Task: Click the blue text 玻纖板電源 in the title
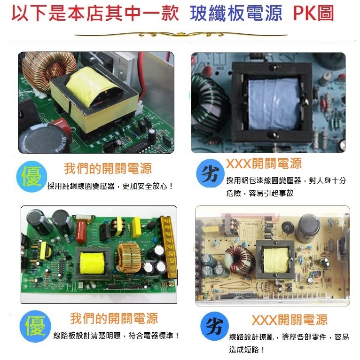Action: [x=236, y=14]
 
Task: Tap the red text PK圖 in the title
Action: [x=314, y=14]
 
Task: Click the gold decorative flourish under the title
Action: [x=180, y=35]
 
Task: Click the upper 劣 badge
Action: [x=210, y=174]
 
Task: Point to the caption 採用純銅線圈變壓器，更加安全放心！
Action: [x=110, y=187]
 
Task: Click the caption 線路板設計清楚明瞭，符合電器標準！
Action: [x=116, y=336]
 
